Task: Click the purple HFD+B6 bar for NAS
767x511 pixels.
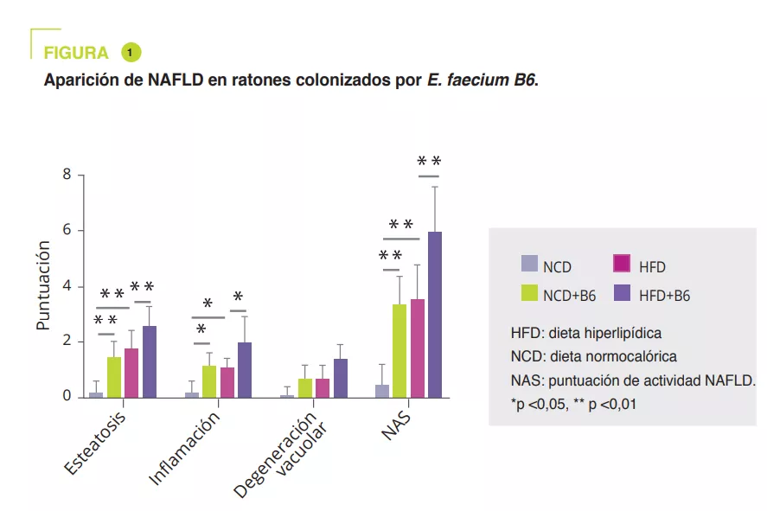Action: click(x=434, y=315)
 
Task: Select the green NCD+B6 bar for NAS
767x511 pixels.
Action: click(x=399, y=351)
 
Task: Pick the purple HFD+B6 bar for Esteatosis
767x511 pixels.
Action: click(x=150, y=361)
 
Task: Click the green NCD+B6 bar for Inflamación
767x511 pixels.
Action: click(x=208, y=381)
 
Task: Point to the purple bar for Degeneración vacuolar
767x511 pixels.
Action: click(x=340, y=378)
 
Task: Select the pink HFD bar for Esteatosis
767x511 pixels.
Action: click(x=131, y=373)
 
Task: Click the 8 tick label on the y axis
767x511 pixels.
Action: click(x=67, y=176)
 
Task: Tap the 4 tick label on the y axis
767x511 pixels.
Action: click(x=67, y=286)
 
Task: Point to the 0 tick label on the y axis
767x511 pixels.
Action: click(x=67, y=397)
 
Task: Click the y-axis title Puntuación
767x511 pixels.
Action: click(x=44, y=286)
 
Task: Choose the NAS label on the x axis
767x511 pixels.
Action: click(x=396, y=424)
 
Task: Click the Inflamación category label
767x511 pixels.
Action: click(x=185, y=446)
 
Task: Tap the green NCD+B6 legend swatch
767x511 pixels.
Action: click(x=529, y=293)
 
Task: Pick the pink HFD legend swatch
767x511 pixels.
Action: click(x=621, y=264)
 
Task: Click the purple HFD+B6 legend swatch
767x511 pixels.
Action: click(x=621, y=293)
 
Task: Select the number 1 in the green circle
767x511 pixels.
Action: click(x=131, y=53)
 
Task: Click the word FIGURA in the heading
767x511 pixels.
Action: click(x=76, y=54)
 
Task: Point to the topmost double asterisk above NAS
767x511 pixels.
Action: click(x=429, y=162)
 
